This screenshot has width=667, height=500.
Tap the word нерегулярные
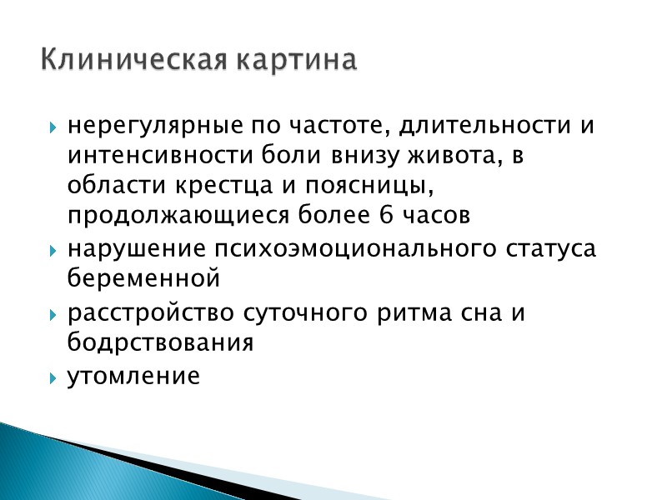157,128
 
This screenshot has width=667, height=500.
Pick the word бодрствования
160,342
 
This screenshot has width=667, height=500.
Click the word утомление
134,377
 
